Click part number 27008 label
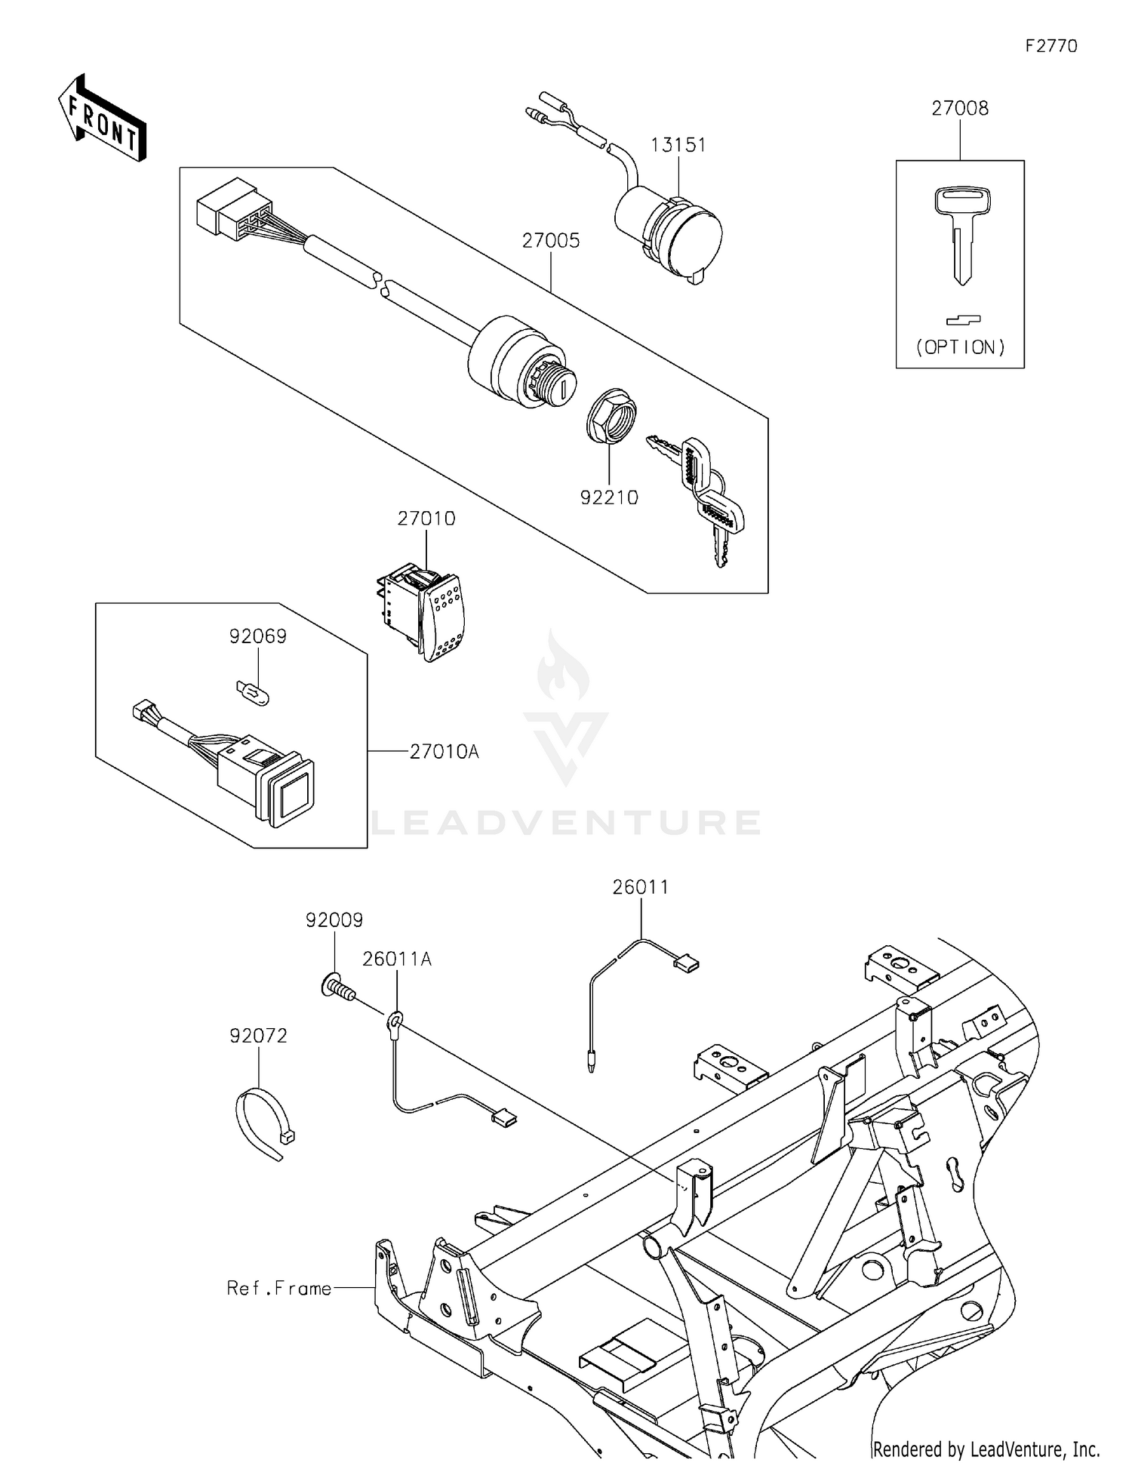pyautogui.click(x=959, y=109)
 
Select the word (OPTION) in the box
pyautogui.click(x=960, y=347)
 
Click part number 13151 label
pyautogui.click(x=678, y=145)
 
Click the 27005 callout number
pyautogui.click(x=551, y=241)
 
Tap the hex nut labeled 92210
pyautogui.click(x=611, y=412)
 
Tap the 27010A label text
pyautogui.click(x=444, y=752)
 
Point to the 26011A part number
pyautogui.click(x=397, y=959)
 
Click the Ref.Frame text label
pyautogui.click(x=279, y=1288)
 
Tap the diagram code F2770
pyautogui.click(x=1050, y=46)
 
